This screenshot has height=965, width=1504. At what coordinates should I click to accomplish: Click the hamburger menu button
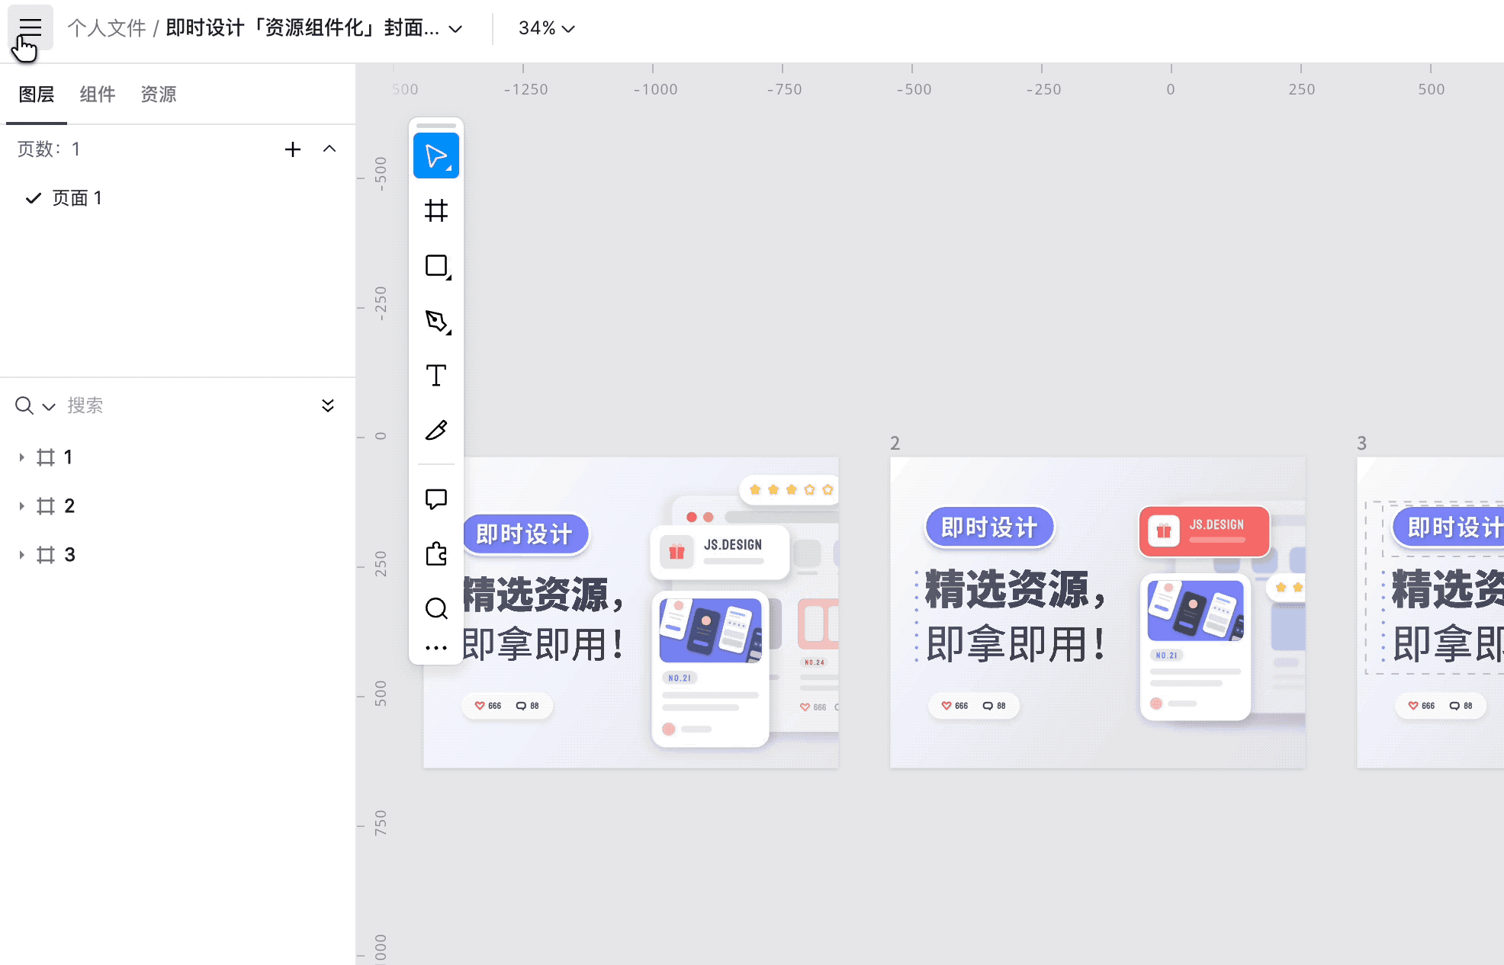31,29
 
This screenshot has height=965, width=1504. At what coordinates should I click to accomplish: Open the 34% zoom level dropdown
546,29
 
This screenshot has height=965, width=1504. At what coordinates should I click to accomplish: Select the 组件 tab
98,95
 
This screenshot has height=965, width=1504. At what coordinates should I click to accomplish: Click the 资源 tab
159,95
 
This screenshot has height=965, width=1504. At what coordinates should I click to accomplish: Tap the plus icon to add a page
293,149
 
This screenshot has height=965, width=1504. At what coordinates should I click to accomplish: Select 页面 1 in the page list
76,198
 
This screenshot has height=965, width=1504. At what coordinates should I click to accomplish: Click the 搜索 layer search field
183,406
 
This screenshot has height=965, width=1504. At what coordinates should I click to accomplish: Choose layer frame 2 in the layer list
69,506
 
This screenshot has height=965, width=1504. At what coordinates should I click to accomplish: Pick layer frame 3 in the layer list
69,555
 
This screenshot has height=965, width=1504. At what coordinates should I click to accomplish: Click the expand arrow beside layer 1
21,457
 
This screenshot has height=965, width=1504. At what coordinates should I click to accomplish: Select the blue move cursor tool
436,156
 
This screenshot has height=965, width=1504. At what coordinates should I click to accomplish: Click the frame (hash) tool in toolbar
436,210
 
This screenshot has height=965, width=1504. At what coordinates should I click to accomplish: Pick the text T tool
436,376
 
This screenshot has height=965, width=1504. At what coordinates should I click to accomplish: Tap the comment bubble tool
436,499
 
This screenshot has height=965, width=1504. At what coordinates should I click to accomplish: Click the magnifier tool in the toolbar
436,608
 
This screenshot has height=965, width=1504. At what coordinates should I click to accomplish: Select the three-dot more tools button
436,648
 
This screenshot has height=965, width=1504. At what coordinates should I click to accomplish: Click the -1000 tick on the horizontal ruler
655,89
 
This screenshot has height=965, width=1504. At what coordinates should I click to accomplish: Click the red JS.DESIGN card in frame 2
1204,531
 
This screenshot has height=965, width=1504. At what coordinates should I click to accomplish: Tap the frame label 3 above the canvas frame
1361,444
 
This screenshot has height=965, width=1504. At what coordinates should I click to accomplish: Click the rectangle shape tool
436,266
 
